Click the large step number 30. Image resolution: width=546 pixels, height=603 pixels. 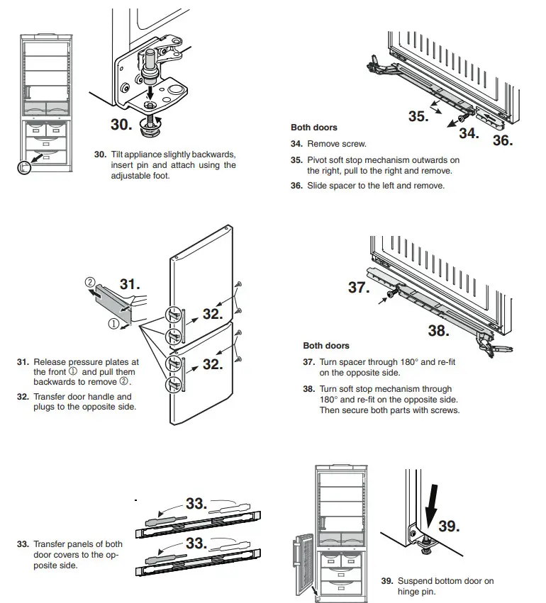coord(112,125)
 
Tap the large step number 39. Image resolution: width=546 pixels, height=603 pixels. coord(448,526)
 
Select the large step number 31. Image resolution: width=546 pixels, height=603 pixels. coord(130,285)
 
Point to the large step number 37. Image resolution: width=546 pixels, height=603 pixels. coord(360,288)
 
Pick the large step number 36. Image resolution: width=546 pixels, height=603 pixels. coord(503,140)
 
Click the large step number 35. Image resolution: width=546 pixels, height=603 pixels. coord(418,116)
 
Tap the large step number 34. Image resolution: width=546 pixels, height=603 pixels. coord(469,132)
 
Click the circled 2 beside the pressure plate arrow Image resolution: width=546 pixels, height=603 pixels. coord(91,281)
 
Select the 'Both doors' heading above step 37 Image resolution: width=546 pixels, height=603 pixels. coord(326,346)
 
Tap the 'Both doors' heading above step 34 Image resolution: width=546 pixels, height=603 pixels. coord(314,128)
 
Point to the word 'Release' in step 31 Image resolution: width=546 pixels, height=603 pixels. coord(50,361)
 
